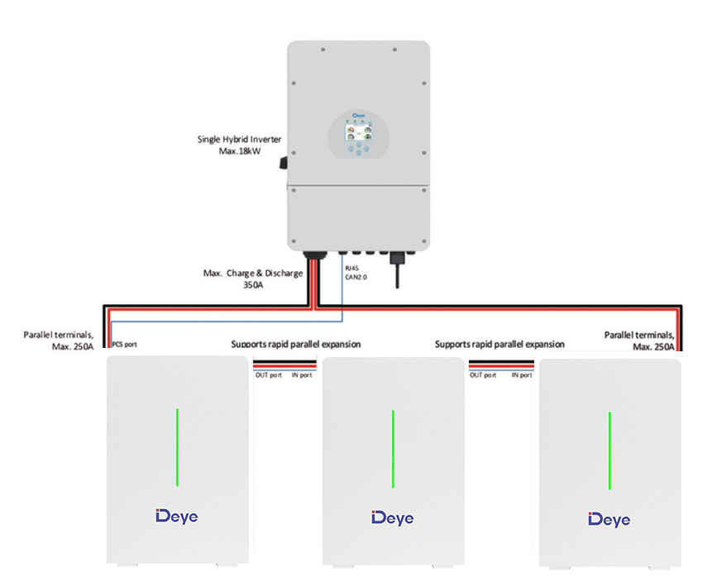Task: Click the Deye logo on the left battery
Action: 176,516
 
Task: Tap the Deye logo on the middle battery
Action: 393,517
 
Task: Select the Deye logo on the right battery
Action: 609,519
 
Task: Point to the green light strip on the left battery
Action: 177,446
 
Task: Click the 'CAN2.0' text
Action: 356,277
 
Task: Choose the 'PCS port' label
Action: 124,344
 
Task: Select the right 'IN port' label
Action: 521,375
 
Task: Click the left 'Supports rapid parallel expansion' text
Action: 295,344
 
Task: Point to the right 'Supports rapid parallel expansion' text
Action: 499,344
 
